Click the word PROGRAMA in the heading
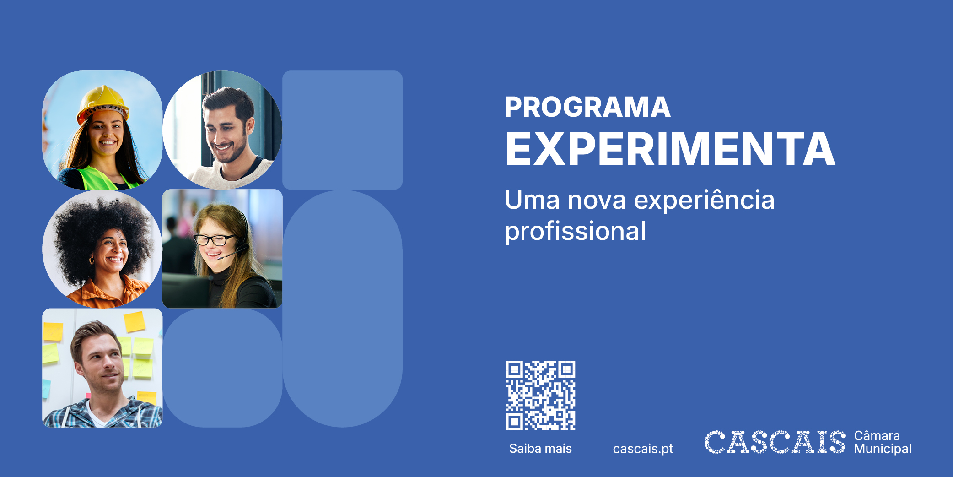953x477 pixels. pos(587,107)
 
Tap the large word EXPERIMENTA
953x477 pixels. pos(670,149)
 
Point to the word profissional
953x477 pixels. pos(575,231)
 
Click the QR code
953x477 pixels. pos(540,396)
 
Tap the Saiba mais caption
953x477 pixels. pos(540,449)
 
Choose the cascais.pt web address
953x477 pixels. pos(643,449)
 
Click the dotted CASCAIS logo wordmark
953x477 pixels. pos(775,442)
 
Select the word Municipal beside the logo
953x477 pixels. pos(883,449)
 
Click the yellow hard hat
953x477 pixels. pos(103,103)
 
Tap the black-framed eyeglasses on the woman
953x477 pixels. pos(213,240)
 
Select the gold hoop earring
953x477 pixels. pos(92,261)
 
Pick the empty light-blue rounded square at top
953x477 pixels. pos(343,130)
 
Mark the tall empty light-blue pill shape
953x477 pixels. pos(343,309)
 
